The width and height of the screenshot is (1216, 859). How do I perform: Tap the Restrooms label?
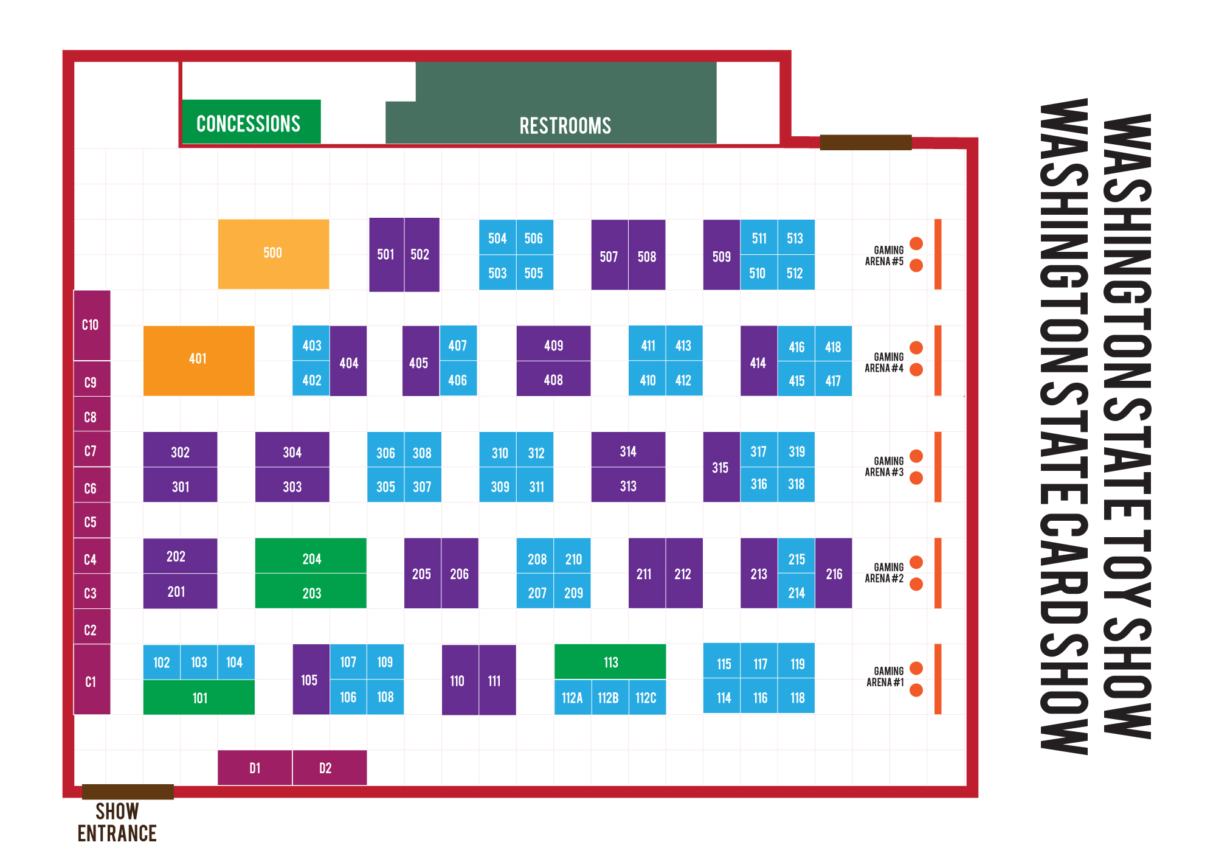tap(565, 126)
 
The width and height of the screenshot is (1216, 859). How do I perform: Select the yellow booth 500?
tap(273, 253)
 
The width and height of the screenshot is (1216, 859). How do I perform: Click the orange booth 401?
tap(198, 360)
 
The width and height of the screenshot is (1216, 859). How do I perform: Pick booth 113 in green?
tap(610, 662)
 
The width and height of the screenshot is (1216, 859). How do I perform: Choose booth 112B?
tap(609, 698)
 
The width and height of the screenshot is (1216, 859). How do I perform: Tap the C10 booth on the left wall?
tap(91, 325)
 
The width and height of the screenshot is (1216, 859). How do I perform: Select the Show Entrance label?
tap(117, 822)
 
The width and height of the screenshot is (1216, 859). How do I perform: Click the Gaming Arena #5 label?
tap(885, 256)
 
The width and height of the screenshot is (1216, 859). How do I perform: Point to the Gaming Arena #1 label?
tap(885, 676)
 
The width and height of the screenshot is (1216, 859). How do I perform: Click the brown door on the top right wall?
tap(865, 142)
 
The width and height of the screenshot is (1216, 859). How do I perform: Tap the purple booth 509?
tap(721, 256)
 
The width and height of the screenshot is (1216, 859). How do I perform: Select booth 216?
tap(834, 574)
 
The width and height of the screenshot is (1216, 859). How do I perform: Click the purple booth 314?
tap(628, 451)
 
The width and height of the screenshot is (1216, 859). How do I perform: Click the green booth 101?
tap(199, 698)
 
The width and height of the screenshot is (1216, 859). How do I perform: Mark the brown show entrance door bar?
tap(128, 791)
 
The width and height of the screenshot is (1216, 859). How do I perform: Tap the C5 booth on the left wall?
tap(91, 521)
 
